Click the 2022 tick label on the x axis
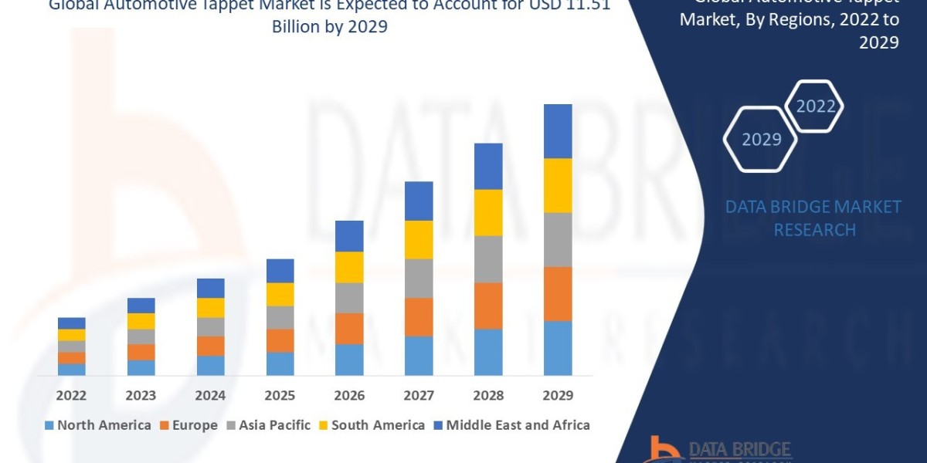coord(71,395)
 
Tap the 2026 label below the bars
coord(349,395)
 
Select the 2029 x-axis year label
coord(558,395)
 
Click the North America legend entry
coord(97,424)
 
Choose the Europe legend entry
coord(189,424)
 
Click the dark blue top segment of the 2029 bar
coord(558,131)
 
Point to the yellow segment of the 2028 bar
coord(488,212)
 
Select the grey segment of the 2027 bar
coord(419,278)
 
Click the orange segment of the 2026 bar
coord(349,328)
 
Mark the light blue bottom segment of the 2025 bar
coord(280,363)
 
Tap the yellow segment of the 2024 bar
coord(210,307)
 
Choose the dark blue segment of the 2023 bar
coord(141,305)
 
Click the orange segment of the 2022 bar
coord(71,357)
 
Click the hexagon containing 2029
coord(761,139)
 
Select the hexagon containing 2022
coord(815,106)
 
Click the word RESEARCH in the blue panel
coord(814,230)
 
